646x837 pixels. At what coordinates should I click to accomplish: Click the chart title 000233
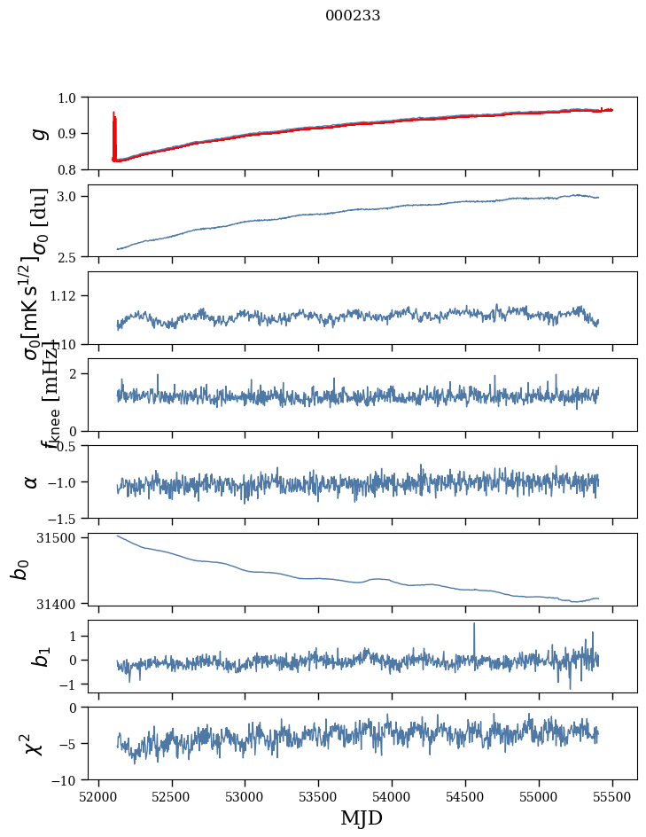[353, 15]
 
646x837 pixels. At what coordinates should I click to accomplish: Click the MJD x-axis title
[362, 817]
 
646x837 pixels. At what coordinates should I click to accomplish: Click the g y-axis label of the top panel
[37, 133]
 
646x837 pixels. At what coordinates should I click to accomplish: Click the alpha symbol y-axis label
[31, 481]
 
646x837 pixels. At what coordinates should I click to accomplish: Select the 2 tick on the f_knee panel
[74, 373]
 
